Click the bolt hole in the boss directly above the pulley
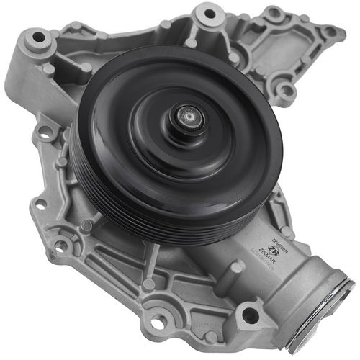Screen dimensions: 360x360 click(x=210, y=13)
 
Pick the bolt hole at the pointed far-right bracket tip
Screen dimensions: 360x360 click(x=331, y=32)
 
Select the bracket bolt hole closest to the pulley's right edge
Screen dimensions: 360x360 click(x=286, y=91)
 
